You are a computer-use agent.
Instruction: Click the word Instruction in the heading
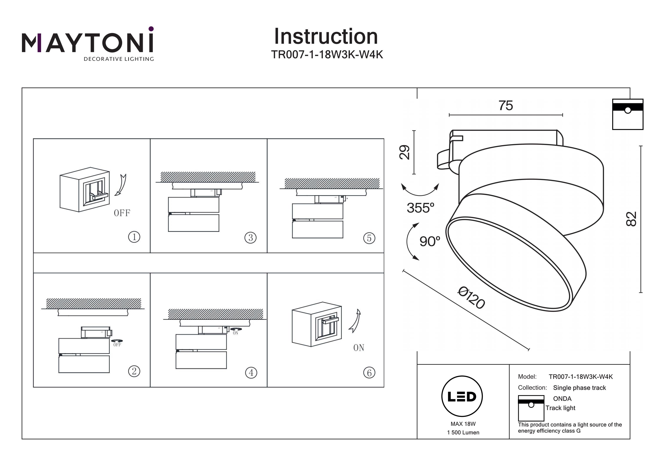326,37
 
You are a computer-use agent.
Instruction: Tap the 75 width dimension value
506,106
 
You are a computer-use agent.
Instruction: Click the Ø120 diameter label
471,298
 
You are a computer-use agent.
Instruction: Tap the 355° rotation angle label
420,208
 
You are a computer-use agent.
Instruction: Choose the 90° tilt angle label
430,241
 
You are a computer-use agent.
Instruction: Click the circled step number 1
134,237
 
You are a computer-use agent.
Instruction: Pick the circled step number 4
251,373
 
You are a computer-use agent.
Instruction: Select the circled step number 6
369,373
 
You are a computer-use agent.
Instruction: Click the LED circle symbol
462,396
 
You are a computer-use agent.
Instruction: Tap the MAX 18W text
463,424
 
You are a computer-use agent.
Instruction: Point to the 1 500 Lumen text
463,433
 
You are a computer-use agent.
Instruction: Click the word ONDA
562,398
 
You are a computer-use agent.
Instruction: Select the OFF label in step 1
122,213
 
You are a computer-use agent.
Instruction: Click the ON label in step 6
359,348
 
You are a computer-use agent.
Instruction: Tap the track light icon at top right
628,114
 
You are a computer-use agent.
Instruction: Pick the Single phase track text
579,388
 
